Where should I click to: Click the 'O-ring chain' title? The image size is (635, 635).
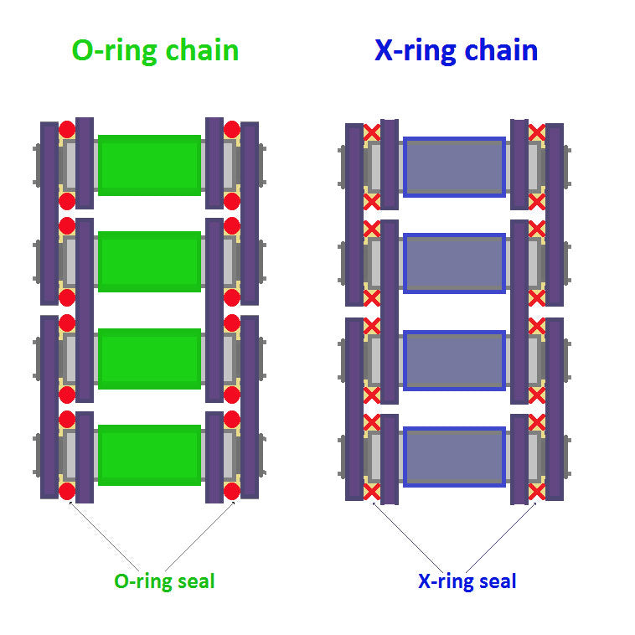coord(155,50)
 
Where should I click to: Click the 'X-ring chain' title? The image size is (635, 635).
coord(456,50)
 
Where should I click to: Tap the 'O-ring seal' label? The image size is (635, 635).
coord(164,581)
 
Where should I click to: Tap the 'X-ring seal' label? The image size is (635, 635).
coord(467,581)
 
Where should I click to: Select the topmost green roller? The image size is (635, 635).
coord(149,165)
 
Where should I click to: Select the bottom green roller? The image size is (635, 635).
coord(149,455)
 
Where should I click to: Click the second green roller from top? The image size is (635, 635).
coord(149,261)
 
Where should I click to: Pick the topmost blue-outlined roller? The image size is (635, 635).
coord(454,167)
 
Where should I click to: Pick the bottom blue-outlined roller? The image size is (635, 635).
coord(454,457)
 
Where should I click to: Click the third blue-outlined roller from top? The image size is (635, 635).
coord(454,360)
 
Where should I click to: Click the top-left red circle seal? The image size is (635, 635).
coord(67,130)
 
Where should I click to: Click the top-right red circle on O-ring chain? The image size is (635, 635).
coord(232,130)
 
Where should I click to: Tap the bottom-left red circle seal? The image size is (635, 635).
coord(67,491)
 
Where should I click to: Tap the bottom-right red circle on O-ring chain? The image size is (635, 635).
coord(232,491)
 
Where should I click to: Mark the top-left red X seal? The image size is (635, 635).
coord(371,132)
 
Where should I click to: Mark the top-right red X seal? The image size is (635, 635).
coord(537,132)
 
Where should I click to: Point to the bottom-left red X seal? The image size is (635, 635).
coord(371,492)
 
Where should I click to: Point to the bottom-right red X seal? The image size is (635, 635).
coord(537,492)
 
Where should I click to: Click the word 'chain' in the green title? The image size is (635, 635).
coord(201,50)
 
